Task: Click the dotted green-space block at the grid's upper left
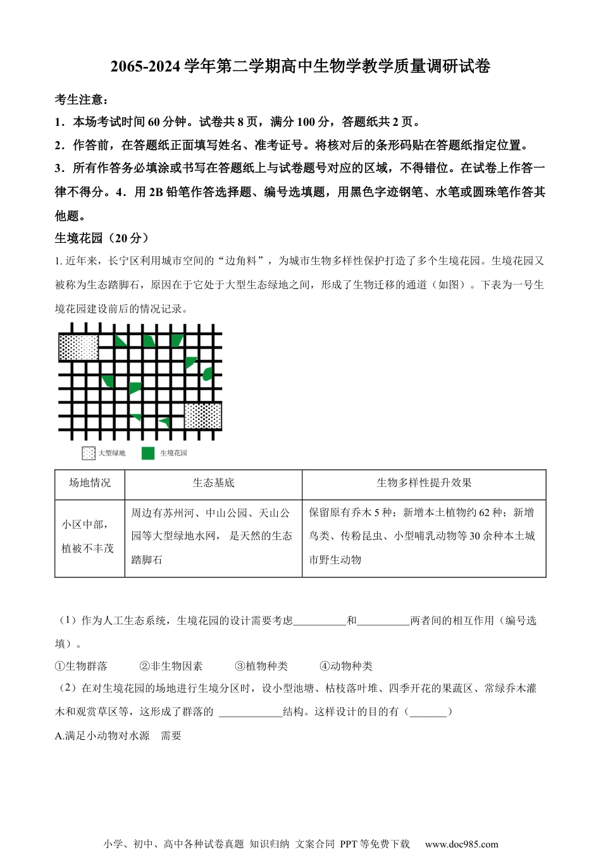click(78, 348)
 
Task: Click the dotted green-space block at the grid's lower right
click(202, 416)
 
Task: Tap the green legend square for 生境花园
click(148, 453)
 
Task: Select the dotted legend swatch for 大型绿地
click(89, 453)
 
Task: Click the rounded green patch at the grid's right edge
click(207, 374)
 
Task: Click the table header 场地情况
click(90, 483)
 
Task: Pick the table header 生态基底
click(213, 483)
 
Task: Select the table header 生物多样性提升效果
click(424, 483)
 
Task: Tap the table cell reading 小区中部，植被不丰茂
click(89, 536)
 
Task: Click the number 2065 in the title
click(125, 66)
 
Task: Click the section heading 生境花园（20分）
click(102, 238)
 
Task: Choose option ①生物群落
click(81, 666)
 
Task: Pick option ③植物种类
click(261, 666)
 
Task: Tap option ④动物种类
click(346, 666)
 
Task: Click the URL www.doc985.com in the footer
click(461, 844)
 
